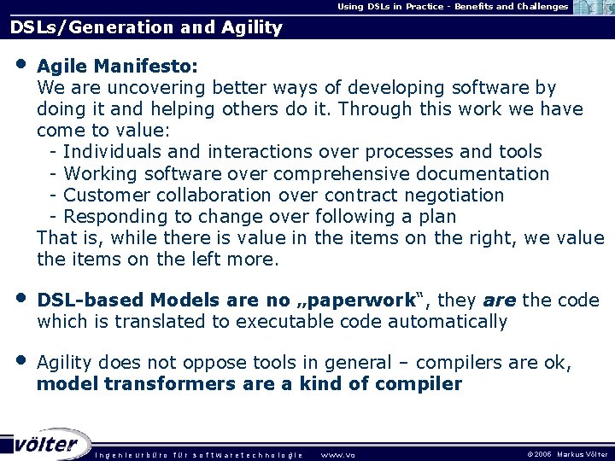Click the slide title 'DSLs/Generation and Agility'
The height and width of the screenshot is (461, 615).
click(x=146, y=27)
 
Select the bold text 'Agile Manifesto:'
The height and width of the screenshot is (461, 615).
click(x=118, y=66)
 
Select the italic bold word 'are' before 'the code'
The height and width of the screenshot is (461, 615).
click(x=500, y=301)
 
